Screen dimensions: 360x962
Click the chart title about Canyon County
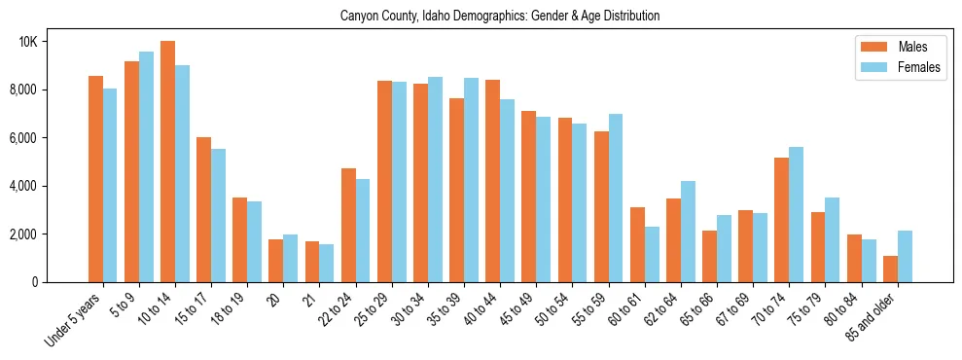[500, 17]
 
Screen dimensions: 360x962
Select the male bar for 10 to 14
[167, 162]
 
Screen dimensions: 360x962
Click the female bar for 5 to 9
[146, 166]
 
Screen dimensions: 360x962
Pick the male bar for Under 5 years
[95, 179]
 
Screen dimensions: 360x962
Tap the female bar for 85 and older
[905, 256]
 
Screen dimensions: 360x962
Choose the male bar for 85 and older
[890, 269]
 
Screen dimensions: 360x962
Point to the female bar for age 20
[291, 258]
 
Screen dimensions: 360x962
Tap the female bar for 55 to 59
[616, 198]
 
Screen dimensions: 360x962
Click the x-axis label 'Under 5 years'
[74, 321]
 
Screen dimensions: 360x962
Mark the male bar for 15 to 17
[203, 209]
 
